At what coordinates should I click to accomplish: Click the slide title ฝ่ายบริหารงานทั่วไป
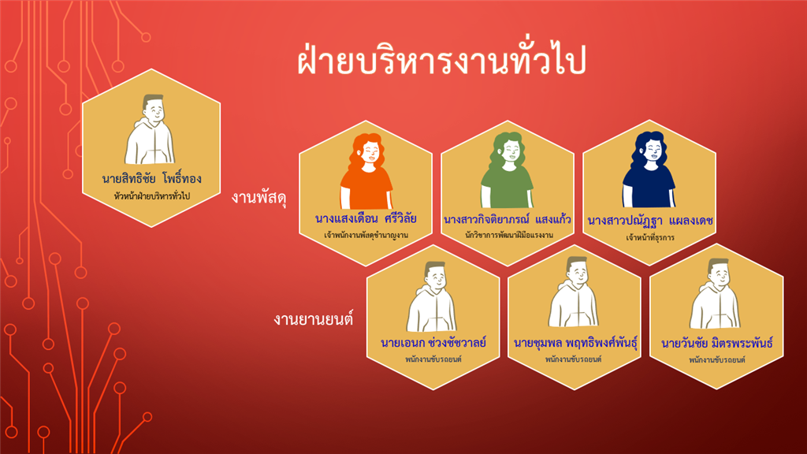441,60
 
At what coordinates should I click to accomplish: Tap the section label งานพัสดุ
258,197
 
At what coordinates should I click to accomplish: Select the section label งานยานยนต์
314,319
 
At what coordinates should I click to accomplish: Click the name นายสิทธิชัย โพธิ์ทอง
152,179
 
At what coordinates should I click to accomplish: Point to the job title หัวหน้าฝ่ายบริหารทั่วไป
152,196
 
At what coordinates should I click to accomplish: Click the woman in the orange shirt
366,171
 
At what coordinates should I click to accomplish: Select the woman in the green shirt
508,170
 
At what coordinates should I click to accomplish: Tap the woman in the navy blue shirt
649,169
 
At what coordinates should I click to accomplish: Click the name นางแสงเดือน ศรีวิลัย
366,218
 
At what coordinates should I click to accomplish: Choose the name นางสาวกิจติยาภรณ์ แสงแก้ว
508,219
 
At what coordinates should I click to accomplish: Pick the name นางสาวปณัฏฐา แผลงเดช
650,221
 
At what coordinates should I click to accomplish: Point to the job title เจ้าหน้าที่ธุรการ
650,238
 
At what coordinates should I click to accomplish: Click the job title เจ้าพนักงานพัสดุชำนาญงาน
366,235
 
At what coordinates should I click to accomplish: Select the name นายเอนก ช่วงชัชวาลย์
433,342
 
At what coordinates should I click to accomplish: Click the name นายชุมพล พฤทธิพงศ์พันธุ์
575,343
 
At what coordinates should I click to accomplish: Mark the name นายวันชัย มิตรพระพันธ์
717,343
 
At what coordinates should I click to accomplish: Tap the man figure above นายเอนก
433,296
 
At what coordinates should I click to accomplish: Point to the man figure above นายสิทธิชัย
151,129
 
